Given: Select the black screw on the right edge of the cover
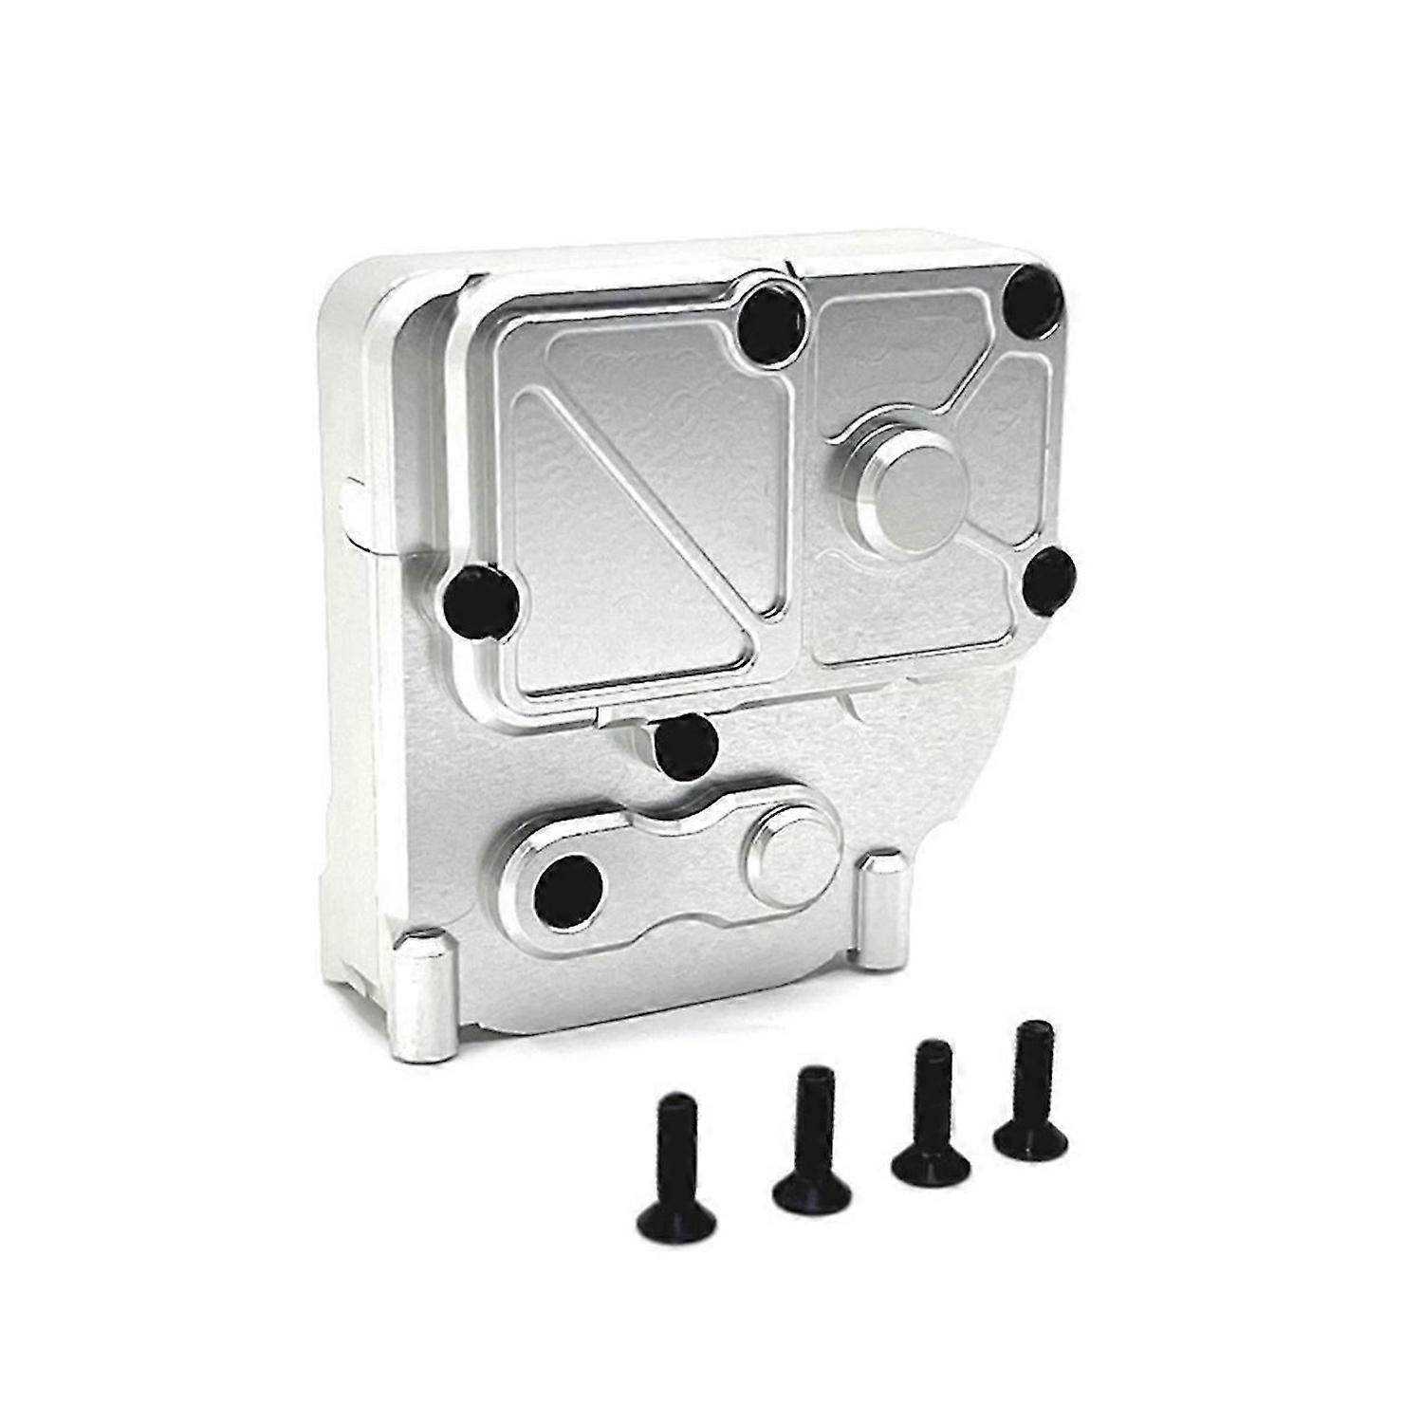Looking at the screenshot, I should pos(1050,579).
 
